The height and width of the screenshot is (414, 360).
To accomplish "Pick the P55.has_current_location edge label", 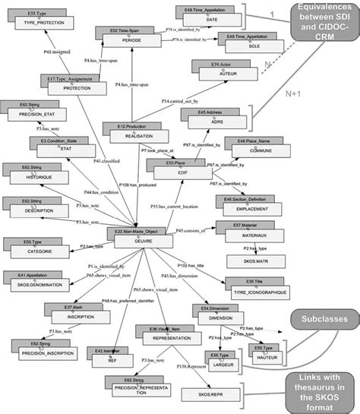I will [172, 204].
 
